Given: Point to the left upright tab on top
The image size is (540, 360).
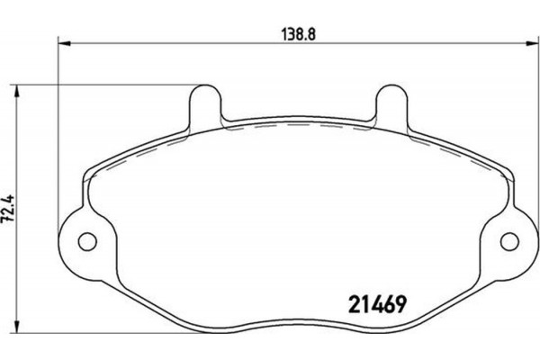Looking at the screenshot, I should tap(205, 103).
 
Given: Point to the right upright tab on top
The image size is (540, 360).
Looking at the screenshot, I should tap(392, 103).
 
